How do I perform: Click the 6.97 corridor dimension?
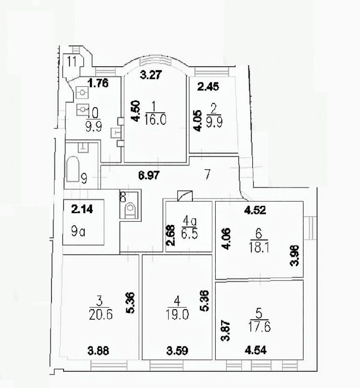(149, 175)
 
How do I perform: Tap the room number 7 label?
(208, 174)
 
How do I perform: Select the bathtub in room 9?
(73, 169)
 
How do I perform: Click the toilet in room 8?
(131, 210)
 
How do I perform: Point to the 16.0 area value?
(156, 120)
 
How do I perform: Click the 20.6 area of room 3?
(100, 315)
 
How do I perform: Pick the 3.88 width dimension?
(98, 351)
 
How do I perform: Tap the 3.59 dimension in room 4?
(177, 351)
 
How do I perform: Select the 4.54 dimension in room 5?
(255, 350)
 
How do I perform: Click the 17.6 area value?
(260, 327)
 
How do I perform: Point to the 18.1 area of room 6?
(259, 247)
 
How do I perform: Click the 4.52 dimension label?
(255, 210)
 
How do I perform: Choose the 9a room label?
(78, 231)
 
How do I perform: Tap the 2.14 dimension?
(82, 209)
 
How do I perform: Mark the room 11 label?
(72, 61)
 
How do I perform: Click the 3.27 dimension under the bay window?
(151, 75)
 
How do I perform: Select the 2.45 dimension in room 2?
(208, 86)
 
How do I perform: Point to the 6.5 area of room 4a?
(189, 233)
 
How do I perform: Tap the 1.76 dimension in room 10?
(98, 83)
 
